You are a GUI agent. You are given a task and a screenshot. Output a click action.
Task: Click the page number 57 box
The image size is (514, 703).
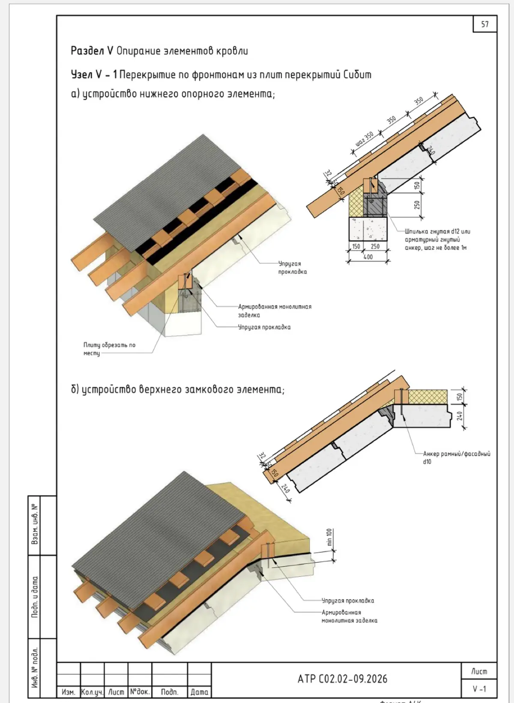pyautogui.click(x=485, y=24)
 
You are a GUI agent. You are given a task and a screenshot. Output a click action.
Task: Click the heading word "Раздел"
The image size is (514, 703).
pyautogui.click(x=87, y=51)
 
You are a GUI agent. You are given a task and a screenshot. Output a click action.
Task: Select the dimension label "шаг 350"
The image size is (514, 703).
pyautogui.click(x=365, y=139)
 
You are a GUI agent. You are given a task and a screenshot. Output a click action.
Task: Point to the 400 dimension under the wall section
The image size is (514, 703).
pyautogui.click(x=368, y=257)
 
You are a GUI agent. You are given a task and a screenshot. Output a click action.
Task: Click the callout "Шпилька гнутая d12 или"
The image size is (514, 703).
pyautogui.click(x=437, y=231)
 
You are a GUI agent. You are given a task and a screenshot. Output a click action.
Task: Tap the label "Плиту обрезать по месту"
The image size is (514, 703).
pyautogui.click(x=109, y=349)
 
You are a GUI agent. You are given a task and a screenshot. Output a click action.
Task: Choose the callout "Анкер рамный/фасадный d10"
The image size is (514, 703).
pyautogui.click(x=457, y=457)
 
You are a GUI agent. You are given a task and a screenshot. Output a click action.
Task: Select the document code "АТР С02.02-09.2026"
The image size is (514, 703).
pyautogui.click(x=343, y=679)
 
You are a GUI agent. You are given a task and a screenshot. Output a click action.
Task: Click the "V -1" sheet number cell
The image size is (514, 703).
pyautogui.click(x=479, y=689)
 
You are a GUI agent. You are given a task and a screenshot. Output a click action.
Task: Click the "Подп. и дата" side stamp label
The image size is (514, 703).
pyautogui.click(x=35, y=597)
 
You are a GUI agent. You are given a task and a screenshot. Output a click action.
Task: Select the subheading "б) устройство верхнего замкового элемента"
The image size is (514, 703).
pyautogui.click(x=177, y=390)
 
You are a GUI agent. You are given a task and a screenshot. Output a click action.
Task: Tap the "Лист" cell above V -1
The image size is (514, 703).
pyautogui.click(x=479, y=671)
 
